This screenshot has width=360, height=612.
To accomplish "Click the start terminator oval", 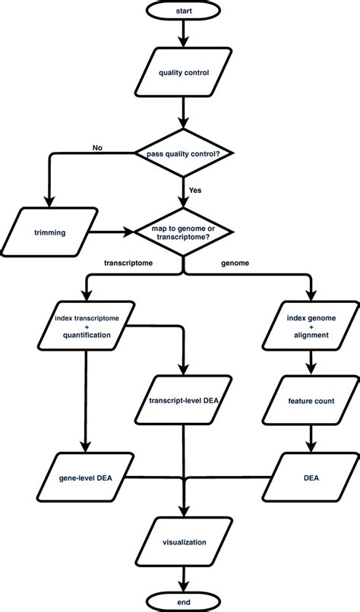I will point(183,13).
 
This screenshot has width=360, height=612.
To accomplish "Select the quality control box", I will point(183,74).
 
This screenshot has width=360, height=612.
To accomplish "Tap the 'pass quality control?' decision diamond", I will point(183,155).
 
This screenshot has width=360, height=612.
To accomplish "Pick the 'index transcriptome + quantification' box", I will point(84,325).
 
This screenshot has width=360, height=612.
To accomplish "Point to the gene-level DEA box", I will point(84,478).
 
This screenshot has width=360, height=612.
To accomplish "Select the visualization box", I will point(183,543).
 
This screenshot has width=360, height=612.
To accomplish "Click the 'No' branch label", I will point(97,147).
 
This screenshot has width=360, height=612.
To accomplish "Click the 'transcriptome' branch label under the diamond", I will point(130,263).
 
